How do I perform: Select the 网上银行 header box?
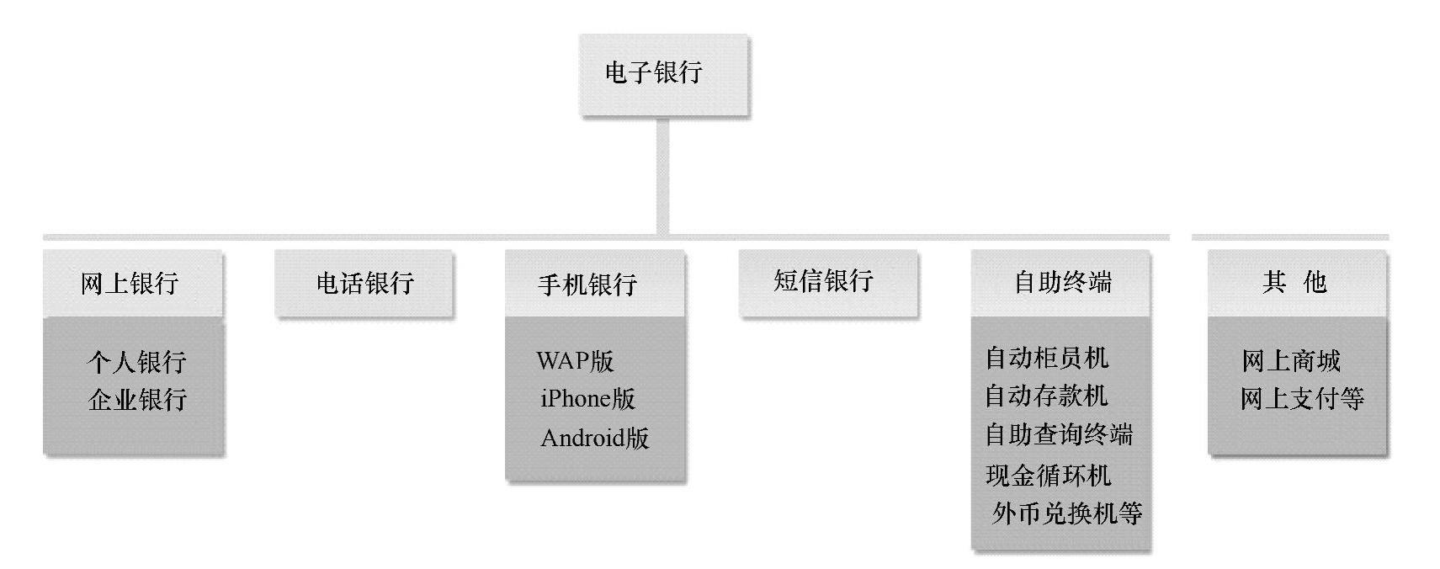click(132, 284)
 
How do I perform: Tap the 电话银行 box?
click(364, 284)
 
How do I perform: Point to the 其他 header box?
click(1296, 282)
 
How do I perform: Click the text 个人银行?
click(136, 362)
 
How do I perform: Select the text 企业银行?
click(136, 399)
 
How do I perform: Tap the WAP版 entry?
click(576, 361)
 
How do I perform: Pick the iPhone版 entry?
click(587, 398)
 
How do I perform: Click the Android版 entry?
click(594, 438)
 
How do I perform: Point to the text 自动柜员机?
click(1046, 358)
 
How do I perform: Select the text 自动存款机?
click(1046, 396)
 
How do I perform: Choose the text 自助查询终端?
click(1059, 434)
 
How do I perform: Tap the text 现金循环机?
click(1048, 476)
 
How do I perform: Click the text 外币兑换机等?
click(1066, 513)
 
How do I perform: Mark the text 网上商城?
click(1290, 361)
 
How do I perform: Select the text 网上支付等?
click(1301, 398)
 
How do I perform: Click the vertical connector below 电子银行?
click(662, 177)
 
